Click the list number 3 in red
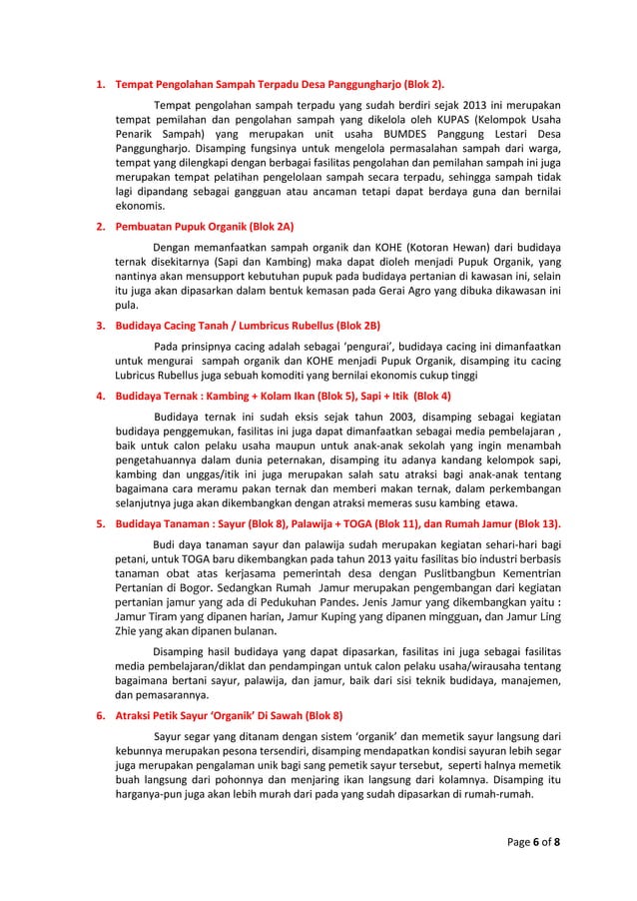pyautogui.click(x=99, y=326)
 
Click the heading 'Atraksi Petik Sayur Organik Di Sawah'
pyautogui.click(x=230, y=715)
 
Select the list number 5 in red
pyautogui.click(x=99, y=523)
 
